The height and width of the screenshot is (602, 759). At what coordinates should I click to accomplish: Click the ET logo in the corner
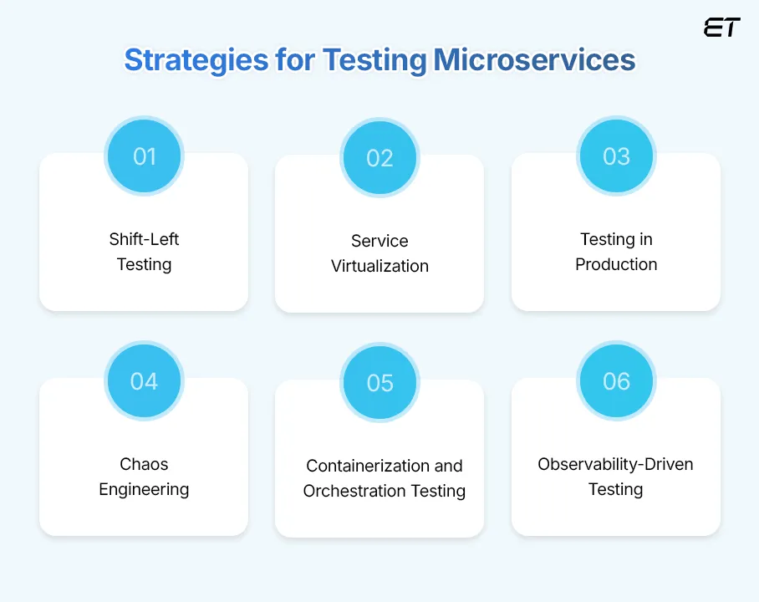pos(721,28)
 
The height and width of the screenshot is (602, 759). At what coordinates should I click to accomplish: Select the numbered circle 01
pos(144,156)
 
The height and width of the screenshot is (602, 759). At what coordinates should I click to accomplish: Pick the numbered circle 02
pos(379,158)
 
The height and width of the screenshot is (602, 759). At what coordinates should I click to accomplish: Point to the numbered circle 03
pos(616,156)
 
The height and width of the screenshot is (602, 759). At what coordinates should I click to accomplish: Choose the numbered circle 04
pos(144,381)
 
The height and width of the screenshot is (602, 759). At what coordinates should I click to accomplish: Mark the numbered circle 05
pos(379,383)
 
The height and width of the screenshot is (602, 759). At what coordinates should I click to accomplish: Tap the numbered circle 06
pos(616,381)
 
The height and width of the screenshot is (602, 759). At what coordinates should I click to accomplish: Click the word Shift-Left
pos(144,239)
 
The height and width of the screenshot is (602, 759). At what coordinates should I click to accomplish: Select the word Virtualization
pos(379,266)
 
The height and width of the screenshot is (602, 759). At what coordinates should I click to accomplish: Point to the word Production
pos(616,264)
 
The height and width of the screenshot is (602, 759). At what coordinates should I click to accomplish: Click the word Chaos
pos(144,464)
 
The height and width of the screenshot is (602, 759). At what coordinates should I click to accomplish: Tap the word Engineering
pos(144,489)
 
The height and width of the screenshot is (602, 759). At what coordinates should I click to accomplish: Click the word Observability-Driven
pos(616,464)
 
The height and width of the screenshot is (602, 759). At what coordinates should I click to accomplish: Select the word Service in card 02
pos(379,241)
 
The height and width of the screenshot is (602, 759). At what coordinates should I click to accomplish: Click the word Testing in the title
pos(374,61)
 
